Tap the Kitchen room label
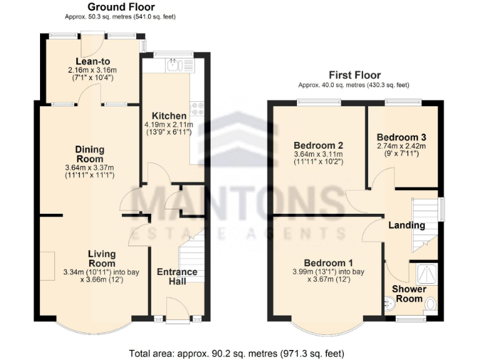click(x=169, y=116)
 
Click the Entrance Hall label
click(x=177, y=276)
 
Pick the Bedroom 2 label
click(x=319, y=145)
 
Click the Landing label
click(x=407, y=225)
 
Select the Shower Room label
click(x=409, y=293)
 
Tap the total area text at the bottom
click(x=239, y=353)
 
